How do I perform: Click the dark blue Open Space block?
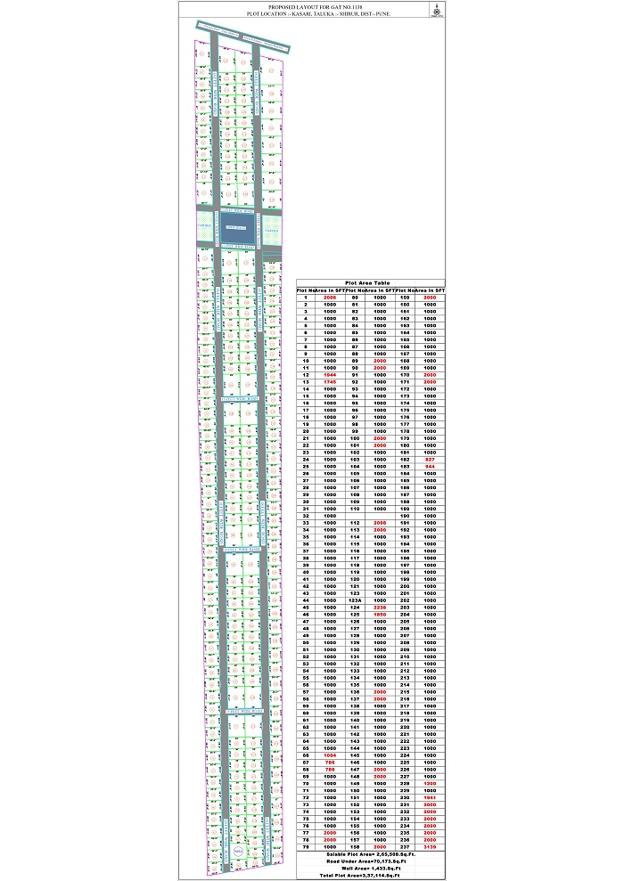pos(236,228)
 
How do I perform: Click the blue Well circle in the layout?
pos(237,852)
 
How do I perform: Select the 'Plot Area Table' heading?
pos(373,281)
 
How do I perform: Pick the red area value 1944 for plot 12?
pos(330,375)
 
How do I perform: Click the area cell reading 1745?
pos(330,382)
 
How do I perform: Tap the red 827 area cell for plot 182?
pos(431,459)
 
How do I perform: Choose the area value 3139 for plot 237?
pos(431,846)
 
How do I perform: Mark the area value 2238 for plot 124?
pos(380,607)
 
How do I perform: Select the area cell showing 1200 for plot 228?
pos(431,783)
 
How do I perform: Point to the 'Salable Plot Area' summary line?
pos(373,854)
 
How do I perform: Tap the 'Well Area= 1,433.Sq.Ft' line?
pos(373,869)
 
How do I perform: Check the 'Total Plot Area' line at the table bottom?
pos(373,876)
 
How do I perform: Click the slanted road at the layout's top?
pos(237,37)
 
